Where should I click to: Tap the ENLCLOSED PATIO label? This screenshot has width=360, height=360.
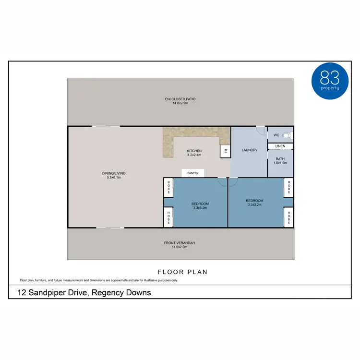tap(180, 99)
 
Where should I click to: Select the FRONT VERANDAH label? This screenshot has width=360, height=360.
tap(180, 243)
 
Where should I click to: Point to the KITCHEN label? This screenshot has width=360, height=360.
tap(194, 151)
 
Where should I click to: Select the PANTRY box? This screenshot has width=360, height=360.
tap(193, 173)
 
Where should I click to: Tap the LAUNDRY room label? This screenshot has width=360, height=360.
tap(250, 150)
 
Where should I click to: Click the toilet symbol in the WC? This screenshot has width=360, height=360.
tap(287, 135)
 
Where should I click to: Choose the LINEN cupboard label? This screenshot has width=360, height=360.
tap(280, 146)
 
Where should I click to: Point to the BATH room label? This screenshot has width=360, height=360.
tap(280, 159)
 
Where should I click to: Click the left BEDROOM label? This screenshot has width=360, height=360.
tap(200, 204)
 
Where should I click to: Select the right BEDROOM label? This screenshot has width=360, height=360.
tap(254, 201)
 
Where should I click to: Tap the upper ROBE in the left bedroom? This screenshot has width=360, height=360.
tap(168, 188)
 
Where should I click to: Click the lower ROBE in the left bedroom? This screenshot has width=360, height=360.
tap(168, 217)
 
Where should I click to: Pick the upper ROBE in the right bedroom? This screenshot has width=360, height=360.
tap(288, 188)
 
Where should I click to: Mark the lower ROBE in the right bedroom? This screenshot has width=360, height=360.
tap(288, 217)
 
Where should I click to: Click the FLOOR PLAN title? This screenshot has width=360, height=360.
tap(183, 272)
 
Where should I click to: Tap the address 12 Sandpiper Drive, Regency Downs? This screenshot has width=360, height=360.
tap(84, 292)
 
